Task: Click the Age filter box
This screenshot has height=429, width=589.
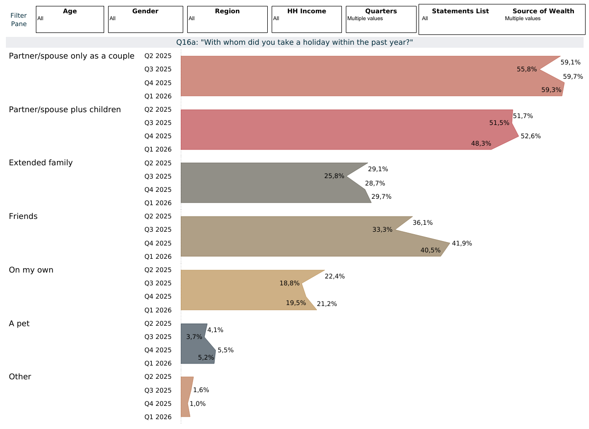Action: coord(70,19)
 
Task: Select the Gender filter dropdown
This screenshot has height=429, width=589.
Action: coord(145,19)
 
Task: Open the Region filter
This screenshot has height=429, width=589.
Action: coord(227,19)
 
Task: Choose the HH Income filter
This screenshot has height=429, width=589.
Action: coord(307,19)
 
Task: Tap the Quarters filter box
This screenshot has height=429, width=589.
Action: coord(381,19)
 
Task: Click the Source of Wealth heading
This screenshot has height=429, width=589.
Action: coord(543,11)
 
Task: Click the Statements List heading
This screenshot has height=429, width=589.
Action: coord(460,11)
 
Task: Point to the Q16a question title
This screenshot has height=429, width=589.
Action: coord(294,42)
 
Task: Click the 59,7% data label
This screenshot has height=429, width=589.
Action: coord(573,77)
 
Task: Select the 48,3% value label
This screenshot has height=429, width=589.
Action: coord(481,144)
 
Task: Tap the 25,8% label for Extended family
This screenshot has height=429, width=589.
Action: coord(334,176)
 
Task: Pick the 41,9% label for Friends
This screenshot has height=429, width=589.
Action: coord(462,244)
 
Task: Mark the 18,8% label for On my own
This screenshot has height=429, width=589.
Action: coord(289,283)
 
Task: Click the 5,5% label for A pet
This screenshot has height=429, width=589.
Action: coord(225,350)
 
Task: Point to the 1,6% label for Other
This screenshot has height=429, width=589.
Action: coord(201,390)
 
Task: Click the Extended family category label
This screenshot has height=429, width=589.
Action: coord(41,163)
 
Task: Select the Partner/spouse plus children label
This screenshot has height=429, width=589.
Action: coord(65,109)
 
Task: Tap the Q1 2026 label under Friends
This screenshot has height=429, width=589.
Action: coord(158,256)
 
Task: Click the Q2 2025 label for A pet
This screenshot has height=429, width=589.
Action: coord(158,323)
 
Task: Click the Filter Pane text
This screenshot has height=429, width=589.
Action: coord(19,20)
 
